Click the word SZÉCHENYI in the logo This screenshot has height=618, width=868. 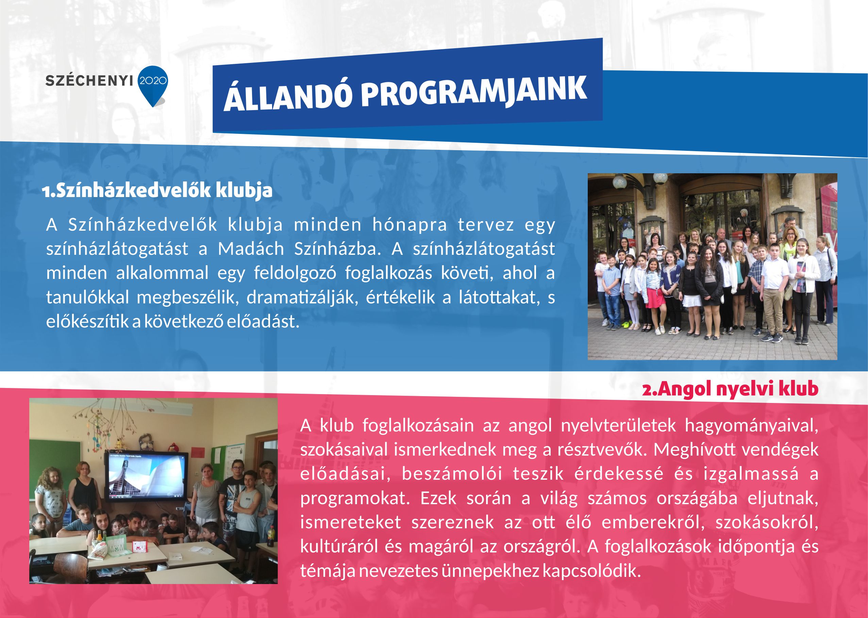coord(89,81)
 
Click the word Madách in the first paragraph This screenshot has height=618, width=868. coord(251,249)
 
